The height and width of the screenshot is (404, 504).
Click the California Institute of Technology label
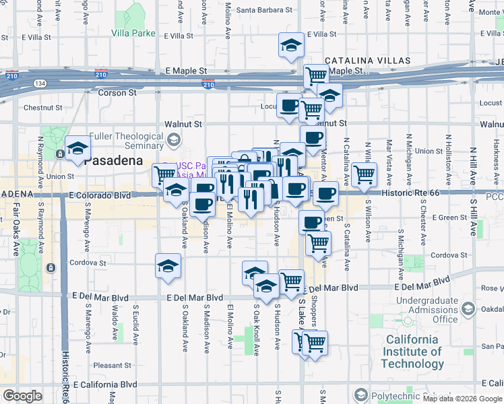[412, 351]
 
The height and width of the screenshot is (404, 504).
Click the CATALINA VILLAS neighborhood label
[368, 61]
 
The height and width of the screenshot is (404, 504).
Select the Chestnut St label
[42, 107]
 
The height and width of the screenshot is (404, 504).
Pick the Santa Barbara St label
[265, 10]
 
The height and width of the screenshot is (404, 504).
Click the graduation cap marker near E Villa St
[291, 46]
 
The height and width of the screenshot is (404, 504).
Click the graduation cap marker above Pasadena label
[77, 148]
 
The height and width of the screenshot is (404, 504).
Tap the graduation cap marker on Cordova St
[168, 265]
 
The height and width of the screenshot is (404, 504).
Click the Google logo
[22, 396]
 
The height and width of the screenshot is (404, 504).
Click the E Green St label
[449, 217]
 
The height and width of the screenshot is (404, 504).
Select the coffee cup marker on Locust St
[289, 105]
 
